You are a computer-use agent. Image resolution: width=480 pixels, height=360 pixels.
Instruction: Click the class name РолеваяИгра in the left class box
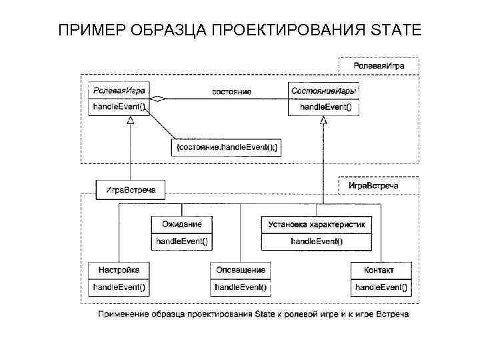(119, 90)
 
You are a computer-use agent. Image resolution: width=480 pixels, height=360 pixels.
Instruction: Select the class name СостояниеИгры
(323, 90)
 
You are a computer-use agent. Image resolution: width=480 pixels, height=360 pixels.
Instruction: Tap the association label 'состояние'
(231, 91)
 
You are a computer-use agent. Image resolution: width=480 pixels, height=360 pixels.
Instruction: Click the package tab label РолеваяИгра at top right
(377, 67)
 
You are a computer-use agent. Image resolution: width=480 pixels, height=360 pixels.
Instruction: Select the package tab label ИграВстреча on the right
(373, 185)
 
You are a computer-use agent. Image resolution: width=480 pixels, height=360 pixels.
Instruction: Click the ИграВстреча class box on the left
(131, 190)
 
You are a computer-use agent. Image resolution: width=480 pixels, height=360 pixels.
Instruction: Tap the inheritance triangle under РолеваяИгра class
(131, 120)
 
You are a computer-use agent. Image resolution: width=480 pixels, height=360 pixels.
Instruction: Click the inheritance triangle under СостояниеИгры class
(323, 120)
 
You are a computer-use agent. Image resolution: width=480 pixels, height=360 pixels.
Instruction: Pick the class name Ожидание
(182, 224)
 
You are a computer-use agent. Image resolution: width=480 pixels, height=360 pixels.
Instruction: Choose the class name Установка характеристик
(316, 224)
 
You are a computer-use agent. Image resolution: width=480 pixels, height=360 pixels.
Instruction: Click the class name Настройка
(119, 270)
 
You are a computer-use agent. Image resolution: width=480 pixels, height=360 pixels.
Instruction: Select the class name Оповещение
(241, 270)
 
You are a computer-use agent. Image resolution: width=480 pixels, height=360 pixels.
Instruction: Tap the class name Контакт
(379, 270)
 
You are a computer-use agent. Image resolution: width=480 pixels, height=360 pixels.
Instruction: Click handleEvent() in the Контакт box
(381, 287)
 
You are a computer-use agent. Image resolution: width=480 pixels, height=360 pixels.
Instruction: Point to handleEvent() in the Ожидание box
(182, 241)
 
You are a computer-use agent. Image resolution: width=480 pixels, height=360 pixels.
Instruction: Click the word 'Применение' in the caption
(121, 314)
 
